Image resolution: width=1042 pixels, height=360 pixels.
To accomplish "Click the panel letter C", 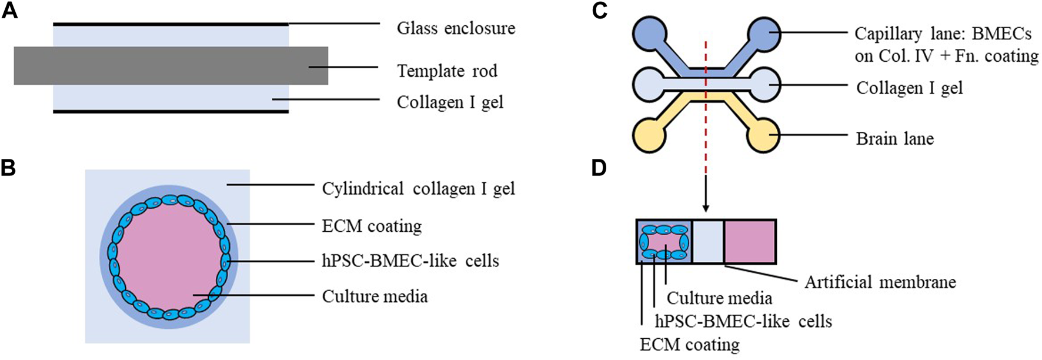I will (x=599, y=11).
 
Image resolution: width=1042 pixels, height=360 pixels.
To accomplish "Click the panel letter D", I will (x=599, y=168).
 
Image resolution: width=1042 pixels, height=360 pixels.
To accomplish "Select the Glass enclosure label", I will (x=456, y=28).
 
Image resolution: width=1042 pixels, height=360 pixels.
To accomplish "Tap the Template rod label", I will (x=447, y=71).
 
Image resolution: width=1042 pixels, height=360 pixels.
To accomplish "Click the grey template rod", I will (x=171, y=65).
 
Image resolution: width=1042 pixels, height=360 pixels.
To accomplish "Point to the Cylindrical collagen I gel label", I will (x=418, y=189).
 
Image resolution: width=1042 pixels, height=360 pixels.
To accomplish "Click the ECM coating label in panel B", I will (x=372, y=226).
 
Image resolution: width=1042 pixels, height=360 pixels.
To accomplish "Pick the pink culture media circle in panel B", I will (x=168, y=256).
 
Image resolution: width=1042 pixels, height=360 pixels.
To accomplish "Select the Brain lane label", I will (x=894, y=139).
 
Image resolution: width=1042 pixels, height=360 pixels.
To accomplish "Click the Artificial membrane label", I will (x=880, y=282).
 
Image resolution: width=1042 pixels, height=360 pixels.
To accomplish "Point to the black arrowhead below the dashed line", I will (x=706, y=208).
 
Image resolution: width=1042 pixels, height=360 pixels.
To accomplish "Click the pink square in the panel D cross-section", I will (x=749, y=241).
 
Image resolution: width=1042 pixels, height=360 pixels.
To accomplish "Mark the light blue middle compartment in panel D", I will (x=708, y=241).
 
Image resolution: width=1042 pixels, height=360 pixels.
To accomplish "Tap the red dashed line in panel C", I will (x=706, y=112).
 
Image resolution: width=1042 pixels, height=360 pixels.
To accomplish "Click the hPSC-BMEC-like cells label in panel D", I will (x=743, y=321).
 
